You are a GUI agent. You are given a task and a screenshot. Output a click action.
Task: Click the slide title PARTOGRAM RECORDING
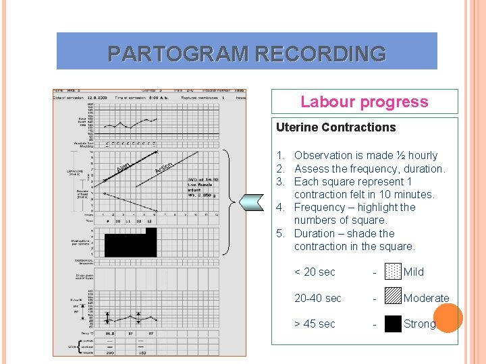tap(247, 53)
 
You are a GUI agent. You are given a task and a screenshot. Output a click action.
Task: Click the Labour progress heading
tap(364, 102)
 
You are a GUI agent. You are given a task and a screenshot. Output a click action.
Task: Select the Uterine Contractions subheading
tap(335, 127)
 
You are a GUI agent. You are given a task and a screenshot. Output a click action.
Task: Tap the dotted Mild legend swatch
tap(393, 272)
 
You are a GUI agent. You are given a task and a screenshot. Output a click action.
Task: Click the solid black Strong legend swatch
tap(393, 324)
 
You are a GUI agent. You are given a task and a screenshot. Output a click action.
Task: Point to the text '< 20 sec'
tap(315, 272)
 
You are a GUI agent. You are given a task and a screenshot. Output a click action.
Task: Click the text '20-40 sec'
tap(317, 298)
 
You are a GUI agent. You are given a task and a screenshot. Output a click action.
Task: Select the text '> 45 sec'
tap(315, 324)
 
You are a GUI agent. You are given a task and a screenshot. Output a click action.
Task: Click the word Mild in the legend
tap(414, 272)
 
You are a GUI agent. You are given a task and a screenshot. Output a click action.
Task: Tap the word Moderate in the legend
tap(426, 298)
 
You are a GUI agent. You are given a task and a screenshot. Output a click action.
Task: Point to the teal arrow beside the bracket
tap(250, 200)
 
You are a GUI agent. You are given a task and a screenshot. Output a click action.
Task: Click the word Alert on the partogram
tap(123, 164)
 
